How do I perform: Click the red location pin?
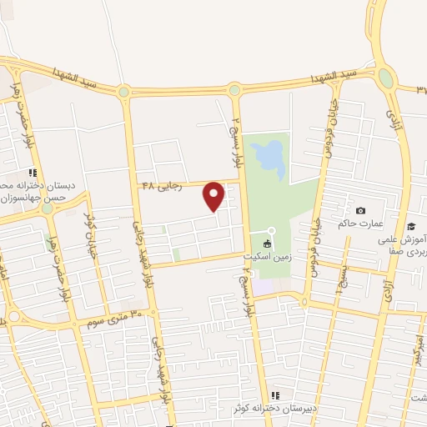[214, 196]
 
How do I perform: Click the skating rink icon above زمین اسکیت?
[267, 244]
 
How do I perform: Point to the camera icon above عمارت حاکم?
[360, 210]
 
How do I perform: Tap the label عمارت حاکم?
[359, 224]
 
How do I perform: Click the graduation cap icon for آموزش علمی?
[410, 225]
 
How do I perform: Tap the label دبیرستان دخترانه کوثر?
[274, 409]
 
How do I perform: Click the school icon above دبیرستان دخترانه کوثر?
[275, 396]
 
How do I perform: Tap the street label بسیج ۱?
[339, 281]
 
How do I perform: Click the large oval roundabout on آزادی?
[385, 78]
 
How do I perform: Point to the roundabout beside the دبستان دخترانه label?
[47, 208]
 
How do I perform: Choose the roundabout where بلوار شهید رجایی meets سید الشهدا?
[124, 92]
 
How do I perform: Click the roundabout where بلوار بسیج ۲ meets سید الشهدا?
[235, 89]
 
